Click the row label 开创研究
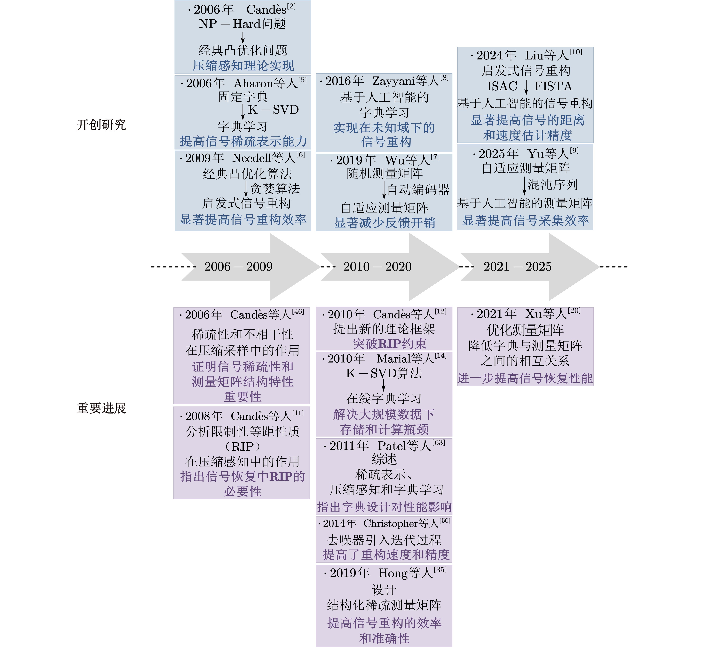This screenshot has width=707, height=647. point(101,125)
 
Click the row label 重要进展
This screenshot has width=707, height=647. point(101,408)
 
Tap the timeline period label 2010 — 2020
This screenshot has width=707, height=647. point(377,267)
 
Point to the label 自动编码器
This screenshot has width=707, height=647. point(418,190)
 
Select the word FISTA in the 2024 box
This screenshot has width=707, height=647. point(553,86)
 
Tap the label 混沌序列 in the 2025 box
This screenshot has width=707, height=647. point(553,184)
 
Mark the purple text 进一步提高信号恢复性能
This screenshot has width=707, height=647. point(525,378)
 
